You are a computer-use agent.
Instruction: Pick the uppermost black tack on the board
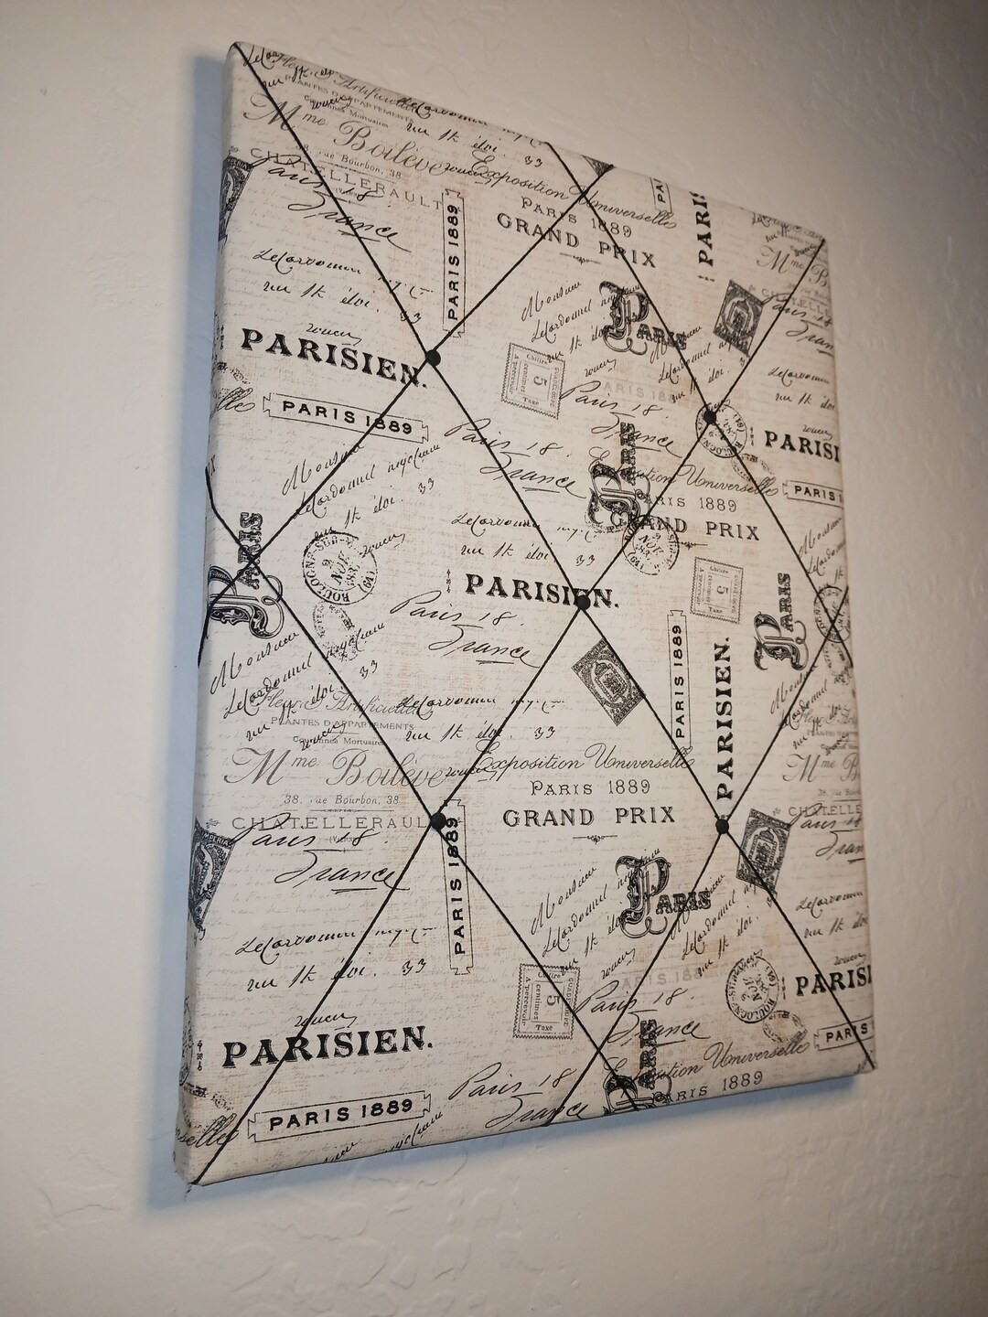pyautogui.click(x=433, y=354)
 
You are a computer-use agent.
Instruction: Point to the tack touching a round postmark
pyautogui.click(x=709, y=417)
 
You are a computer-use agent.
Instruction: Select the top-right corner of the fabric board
pyautogui.click(x=826, y=240)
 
